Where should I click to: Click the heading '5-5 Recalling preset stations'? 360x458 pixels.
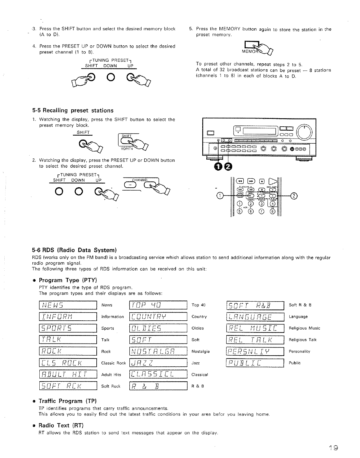coord(73,110)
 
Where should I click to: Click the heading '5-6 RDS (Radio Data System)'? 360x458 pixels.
coord(74,250)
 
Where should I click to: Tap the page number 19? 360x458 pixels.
coord(333,448)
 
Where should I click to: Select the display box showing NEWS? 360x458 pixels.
coord(68,305)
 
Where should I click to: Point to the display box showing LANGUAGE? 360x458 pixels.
coord(255,317)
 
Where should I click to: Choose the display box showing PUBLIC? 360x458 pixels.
coord(255,363)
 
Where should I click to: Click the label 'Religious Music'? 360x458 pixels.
coord(304,328)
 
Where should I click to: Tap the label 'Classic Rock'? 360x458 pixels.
coord(113,363)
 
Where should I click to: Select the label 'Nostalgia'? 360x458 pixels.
coord(201,352)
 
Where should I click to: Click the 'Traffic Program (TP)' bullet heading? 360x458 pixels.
coord(67,401)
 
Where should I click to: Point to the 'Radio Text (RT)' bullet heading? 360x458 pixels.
coord(61,425)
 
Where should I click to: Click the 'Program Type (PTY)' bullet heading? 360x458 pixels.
coord(68,280)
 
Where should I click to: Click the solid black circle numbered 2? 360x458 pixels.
coord(228,166)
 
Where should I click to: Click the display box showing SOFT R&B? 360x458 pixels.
coord(255,305)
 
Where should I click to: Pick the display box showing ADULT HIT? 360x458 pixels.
coord(68,375)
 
